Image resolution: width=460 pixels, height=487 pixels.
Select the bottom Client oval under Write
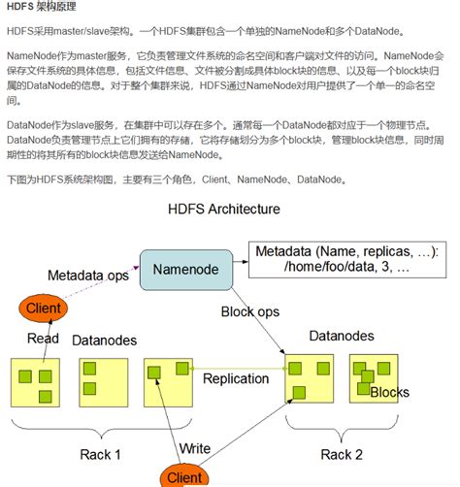click(184, 475)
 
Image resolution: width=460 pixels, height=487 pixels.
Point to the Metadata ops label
click(88, 276)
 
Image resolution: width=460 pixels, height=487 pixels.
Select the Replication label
click(236, 377)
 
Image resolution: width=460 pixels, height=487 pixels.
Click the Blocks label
click(389, 392)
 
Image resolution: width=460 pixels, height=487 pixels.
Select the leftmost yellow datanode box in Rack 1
click(36, 381)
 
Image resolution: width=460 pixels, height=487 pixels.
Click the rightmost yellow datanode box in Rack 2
click(374, 381)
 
